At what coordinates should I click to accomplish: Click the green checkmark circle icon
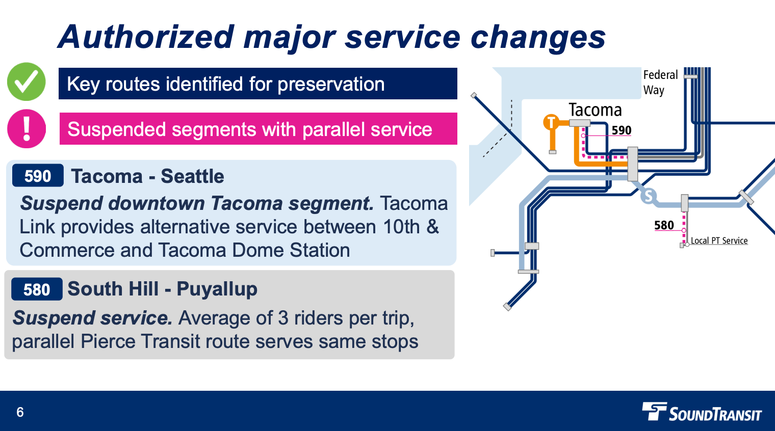27,82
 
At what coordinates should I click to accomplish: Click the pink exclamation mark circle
27,128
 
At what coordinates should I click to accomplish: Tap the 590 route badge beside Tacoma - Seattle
38,176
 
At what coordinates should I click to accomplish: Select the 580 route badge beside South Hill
37,289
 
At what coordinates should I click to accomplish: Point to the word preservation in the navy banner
331,84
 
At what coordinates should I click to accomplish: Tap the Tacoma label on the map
595,110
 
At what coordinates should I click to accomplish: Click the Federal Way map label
660,83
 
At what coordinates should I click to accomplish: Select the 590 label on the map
622,130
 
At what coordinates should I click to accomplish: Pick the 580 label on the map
664,225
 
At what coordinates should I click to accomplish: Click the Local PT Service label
719,240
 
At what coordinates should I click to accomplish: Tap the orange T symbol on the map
551,122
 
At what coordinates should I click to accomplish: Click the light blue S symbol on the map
649,196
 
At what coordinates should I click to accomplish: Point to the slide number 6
20,412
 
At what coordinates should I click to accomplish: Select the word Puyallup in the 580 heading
217,289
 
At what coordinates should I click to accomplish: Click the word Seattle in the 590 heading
192,176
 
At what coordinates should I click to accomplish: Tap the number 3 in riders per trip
283,318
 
